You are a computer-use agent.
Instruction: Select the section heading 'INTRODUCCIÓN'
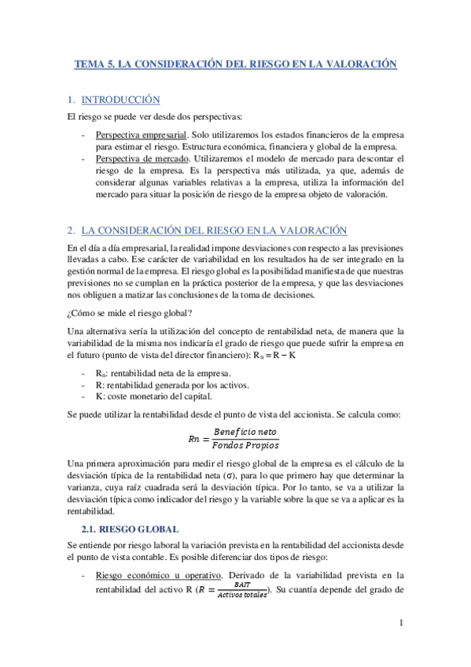pos(120,100)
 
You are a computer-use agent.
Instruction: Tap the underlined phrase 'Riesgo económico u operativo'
pos(158,575)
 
